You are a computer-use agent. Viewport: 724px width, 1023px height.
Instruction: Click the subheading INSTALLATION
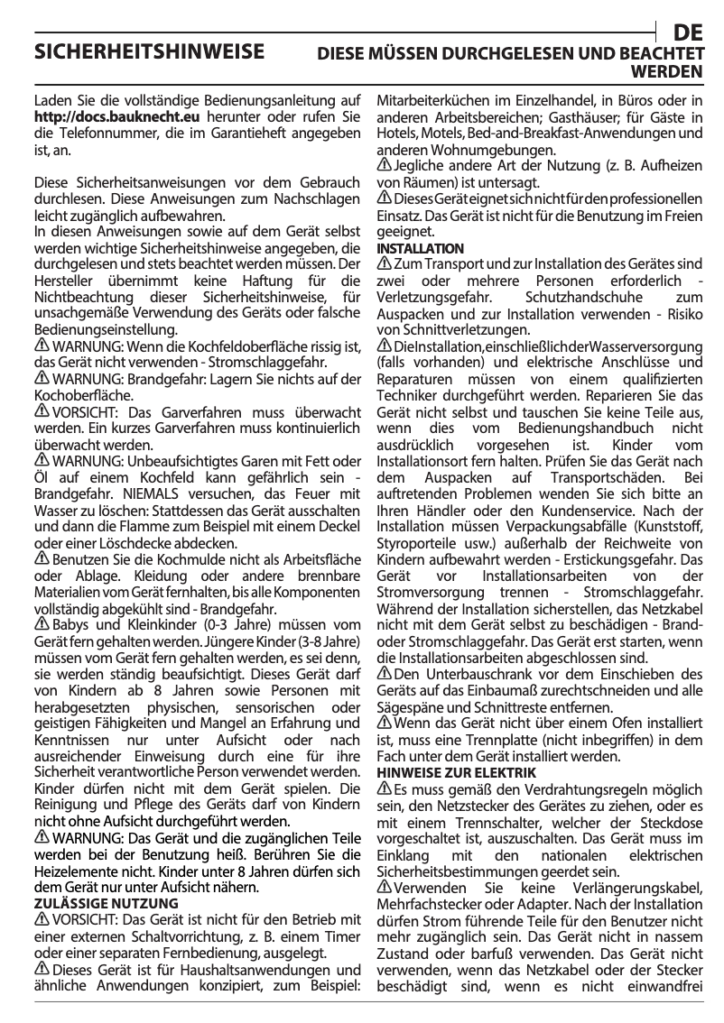[x=420, y=248]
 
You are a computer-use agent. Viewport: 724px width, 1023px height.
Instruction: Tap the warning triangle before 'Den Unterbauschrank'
[x=383, y=674]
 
